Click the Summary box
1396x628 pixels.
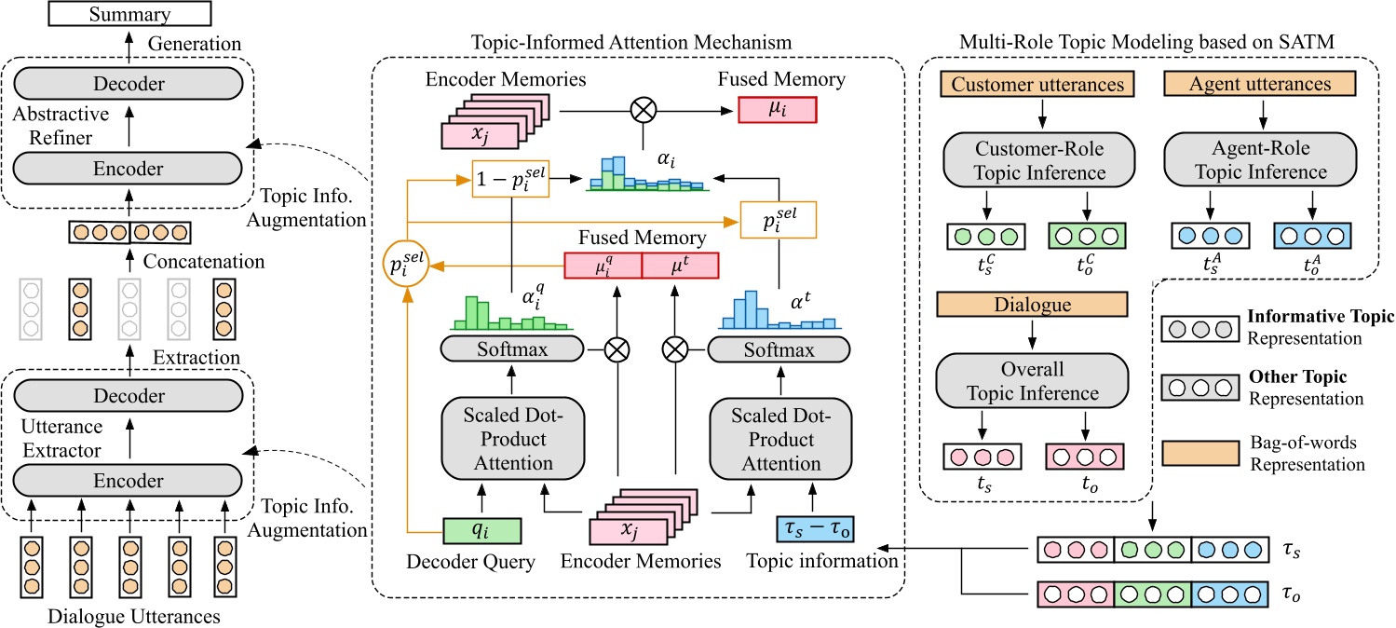(x=129, y=14)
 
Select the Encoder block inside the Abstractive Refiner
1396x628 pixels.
(x=129, y=169)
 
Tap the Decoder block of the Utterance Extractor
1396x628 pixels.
(x=129, y=397)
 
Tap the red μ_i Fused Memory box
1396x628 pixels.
(x=777, y=108)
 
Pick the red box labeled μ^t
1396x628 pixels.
(x=680, y=266)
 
